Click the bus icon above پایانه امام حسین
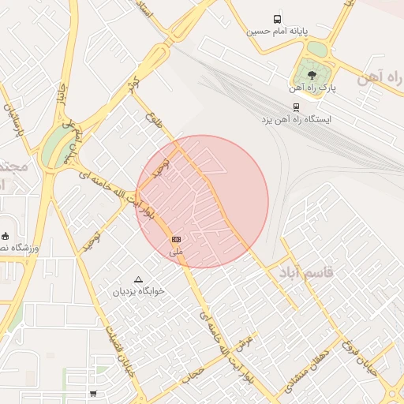[277, 19]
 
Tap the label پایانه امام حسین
[277, 32]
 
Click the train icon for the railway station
[296, 107]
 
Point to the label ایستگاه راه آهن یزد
[297, 119]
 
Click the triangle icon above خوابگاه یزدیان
[139, 279]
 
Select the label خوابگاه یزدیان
[139, 291]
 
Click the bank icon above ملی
[176, 239]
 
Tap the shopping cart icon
[94, 393]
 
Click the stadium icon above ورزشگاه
[6, 236]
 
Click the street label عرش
[242, 341]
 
